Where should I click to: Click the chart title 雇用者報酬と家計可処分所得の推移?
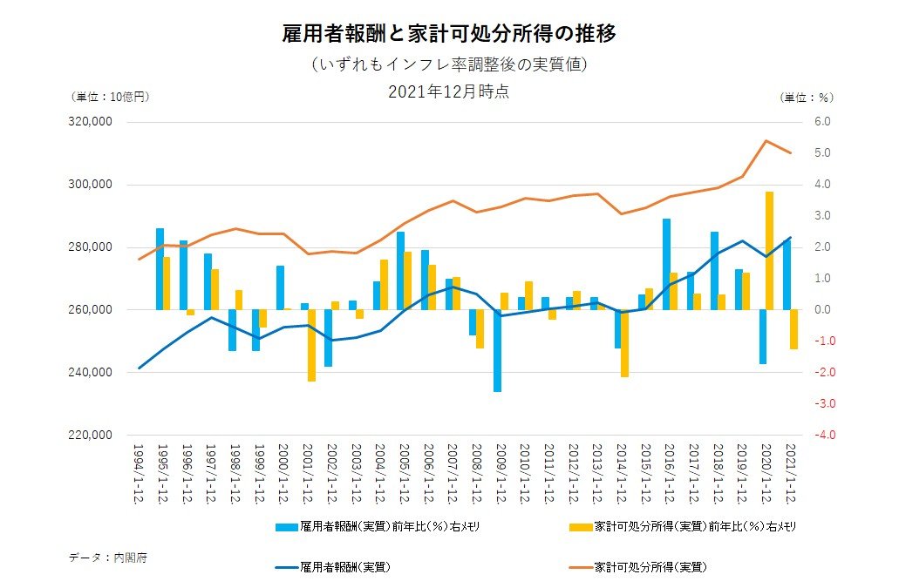[450, 35]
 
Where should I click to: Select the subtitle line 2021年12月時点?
[449, 91]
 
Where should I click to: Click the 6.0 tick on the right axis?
[824, 122]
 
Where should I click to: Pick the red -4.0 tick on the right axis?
[823, 435]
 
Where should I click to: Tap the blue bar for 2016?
[666, 264]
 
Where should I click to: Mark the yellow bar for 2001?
[311, 345]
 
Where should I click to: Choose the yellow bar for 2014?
[625, 343]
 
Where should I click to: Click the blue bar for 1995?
[160, 268]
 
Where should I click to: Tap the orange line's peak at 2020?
[766, 140]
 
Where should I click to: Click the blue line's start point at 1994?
[140, 368]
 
